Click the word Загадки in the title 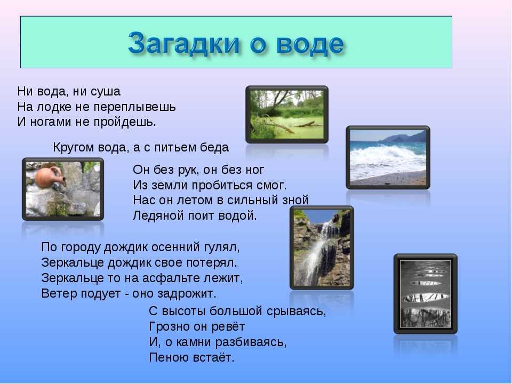pos(184,43)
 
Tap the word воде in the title pos(310,43)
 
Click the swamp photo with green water pos(287,115)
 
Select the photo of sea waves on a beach pos(388,157)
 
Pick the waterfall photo pos(322,247)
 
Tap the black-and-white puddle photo pos(426,293)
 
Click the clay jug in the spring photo pos(49,178)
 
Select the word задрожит pos(187,293)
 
